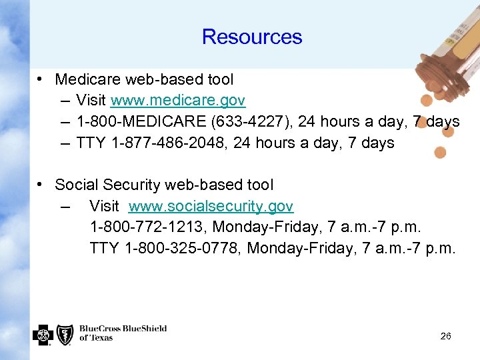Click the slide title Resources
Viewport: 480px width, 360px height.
click(252, 37)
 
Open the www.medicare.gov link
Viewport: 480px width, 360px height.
click(178, 101)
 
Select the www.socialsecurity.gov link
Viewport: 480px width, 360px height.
click(211, 207)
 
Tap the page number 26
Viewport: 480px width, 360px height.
click(446, 336)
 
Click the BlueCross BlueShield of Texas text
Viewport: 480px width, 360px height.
click(123, 333)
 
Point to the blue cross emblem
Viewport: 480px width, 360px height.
click(43, 334)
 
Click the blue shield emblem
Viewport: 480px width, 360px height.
click(65, 334)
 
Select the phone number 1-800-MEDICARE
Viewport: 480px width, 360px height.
click(137, 122)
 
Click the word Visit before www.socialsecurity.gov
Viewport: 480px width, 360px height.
click(104, 207)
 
